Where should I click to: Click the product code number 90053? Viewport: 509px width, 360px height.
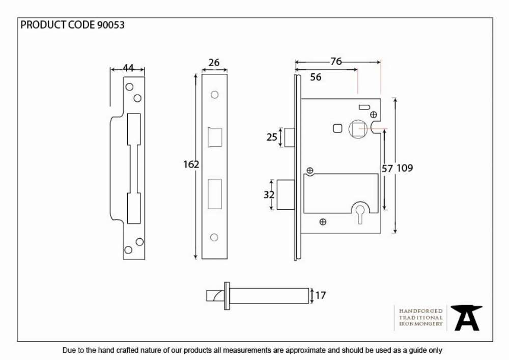pos(110,25)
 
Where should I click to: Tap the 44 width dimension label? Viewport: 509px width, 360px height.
pos(128,68)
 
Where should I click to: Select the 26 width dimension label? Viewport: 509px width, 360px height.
pos(214,62)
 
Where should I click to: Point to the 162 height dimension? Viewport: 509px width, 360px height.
pos(191,164)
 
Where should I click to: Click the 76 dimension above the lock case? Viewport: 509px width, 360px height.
pos(336,61)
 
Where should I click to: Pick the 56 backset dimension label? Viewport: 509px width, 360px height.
pos(316,77)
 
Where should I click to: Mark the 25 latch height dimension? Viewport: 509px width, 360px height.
pos(272,137)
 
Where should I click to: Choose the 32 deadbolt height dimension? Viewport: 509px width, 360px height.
pos(269,195)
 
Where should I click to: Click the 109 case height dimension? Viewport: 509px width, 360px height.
pos(405,168)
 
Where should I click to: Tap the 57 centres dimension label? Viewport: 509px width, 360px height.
pos(387,169)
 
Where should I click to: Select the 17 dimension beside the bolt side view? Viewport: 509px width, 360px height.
pos(320,295)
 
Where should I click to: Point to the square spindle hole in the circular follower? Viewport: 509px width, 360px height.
pos(359,129)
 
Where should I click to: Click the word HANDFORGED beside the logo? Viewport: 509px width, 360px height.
pos(421,311)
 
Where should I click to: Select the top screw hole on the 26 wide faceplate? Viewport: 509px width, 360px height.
pos(214,95)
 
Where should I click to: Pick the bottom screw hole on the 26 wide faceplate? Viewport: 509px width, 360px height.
pos(214,237)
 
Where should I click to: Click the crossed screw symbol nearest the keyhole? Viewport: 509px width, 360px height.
pos(323,221)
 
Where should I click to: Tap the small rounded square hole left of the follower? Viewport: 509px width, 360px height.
pos(337,128)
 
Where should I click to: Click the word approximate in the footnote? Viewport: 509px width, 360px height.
pos(305,350)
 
